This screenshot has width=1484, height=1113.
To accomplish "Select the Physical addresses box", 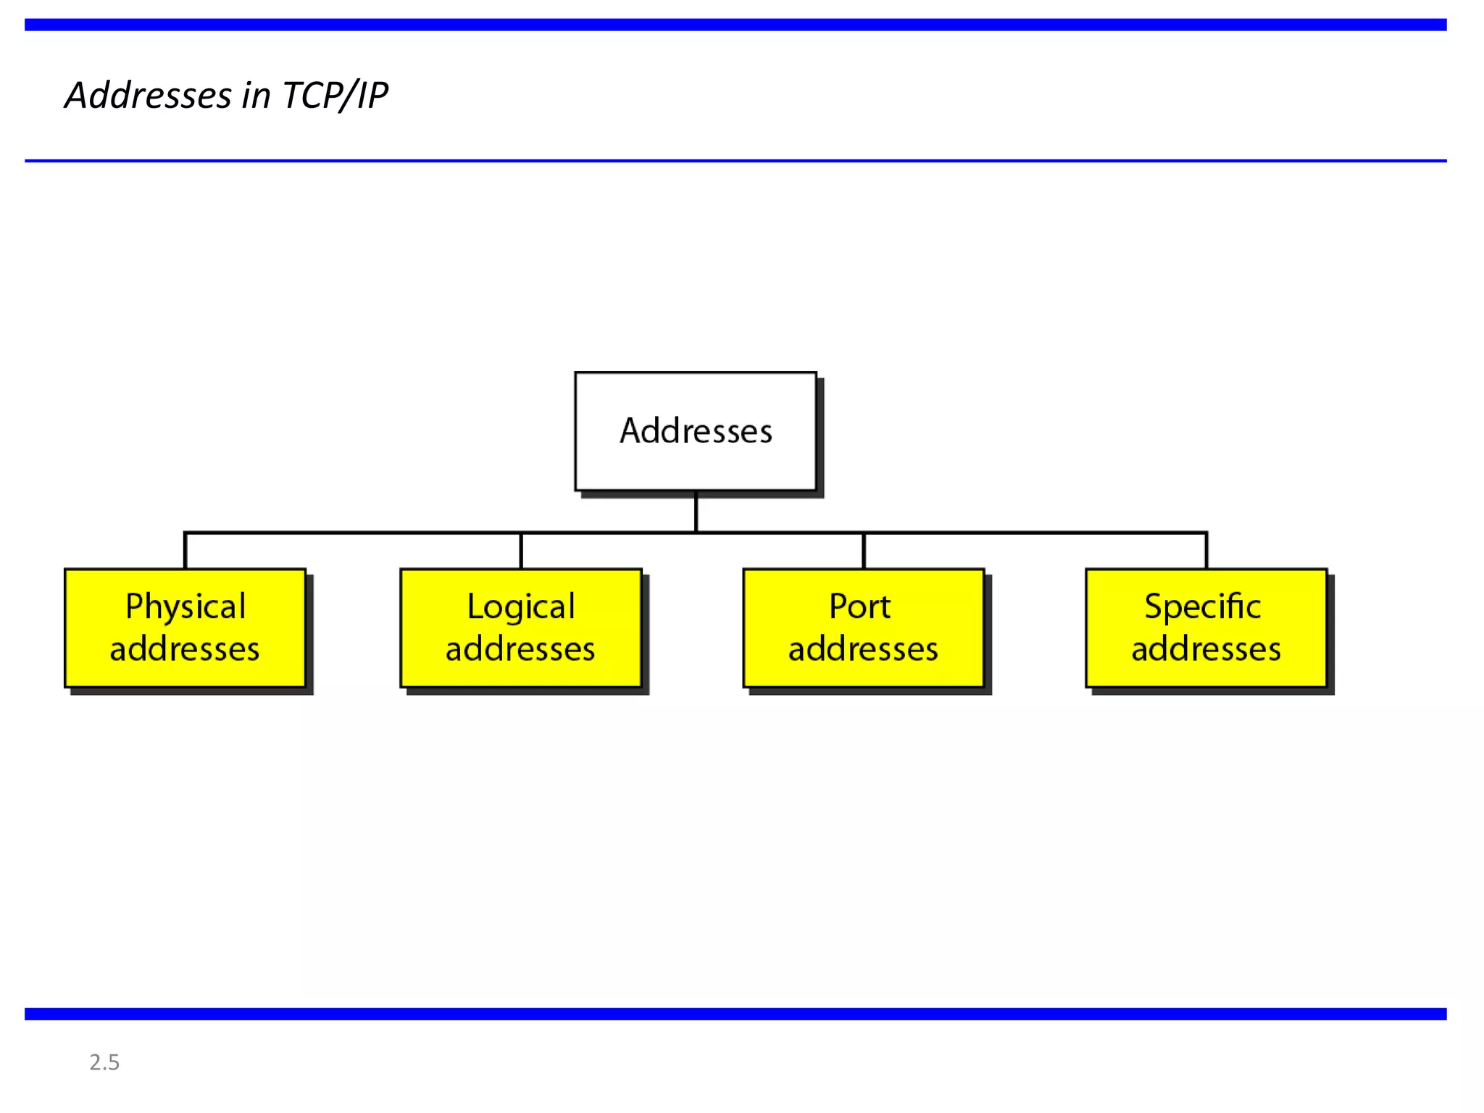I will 185,628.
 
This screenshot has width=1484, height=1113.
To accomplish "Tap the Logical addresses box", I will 521,628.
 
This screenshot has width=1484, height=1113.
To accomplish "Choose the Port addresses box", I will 864,628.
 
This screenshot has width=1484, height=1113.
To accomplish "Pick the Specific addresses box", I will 1206,628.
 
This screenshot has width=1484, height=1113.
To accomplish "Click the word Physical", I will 185,606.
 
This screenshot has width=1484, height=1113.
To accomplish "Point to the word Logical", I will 521,606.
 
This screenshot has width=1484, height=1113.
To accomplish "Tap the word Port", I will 860,606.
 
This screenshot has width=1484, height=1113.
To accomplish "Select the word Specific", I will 1203,606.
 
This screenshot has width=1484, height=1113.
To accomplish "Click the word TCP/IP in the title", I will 335,96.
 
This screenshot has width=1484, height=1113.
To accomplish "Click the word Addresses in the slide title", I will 149,96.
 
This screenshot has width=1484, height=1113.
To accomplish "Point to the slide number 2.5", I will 104,1062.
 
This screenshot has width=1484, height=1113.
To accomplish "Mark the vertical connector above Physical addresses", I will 185,551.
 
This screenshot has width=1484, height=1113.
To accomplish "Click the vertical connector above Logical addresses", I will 521,551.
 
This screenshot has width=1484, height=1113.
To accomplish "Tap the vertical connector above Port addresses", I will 864,551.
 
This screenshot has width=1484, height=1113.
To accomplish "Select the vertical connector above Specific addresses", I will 1206,551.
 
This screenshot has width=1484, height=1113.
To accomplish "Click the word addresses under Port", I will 864,649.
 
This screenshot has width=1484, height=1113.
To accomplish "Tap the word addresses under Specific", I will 1206,649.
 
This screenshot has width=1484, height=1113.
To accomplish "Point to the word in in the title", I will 257,96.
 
